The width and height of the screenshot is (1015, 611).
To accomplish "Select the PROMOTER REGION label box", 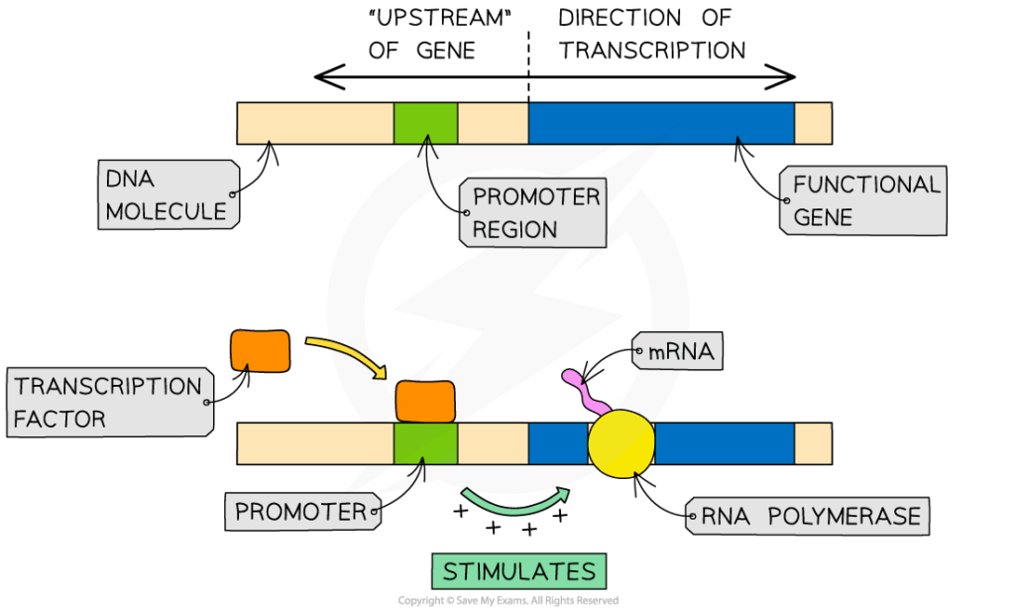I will tap(533, 213).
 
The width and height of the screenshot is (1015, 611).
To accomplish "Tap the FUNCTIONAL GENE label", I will tap(864, 201).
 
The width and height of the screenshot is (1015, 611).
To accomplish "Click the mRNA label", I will tap(677, 350).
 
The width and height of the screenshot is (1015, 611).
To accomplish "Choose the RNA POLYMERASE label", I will tap(807, 516).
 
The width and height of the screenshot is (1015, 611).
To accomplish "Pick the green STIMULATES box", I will tap(518, 571).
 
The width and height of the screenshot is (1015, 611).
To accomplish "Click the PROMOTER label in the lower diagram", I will tap(302, 512).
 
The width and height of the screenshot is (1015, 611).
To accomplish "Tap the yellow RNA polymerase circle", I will tap(621, 443).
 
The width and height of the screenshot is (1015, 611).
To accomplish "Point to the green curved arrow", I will tap(515, 502).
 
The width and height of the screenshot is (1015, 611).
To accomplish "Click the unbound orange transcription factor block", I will tap(261, 351).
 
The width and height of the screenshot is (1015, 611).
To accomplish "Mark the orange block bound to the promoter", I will tap(425, 402).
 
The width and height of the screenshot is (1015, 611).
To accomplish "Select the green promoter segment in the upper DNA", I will tap(425, 123).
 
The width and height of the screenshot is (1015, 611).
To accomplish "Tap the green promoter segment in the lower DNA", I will tap(425, 443).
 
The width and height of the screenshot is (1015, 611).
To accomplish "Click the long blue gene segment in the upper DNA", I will tap(661, 123).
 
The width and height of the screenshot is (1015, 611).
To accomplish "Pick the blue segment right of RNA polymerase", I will tap(725, 443).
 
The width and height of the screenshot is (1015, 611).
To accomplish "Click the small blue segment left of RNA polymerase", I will tap(557, 443).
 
